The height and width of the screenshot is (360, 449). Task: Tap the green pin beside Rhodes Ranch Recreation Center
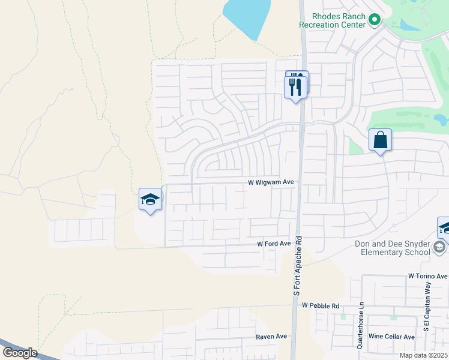pos(375,20)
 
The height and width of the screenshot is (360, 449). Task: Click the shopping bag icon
pos(380,140)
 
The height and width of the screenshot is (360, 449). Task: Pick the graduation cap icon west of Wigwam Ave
pos(150,200)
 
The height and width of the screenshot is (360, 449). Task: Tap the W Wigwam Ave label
pos(271,182)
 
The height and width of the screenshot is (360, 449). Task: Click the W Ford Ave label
pos(274,244)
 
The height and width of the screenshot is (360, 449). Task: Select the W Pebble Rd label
pos(321,306)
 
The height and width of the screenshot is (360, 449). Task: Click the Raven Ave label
pos(272,337)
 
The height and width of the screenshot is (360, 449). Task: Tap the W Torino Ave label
pos(428,276)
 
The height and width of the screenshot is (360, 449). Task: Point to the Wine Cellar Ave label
pos(391,337)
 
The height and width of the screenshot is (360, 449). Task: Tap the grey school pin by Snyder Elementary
pos(439,247)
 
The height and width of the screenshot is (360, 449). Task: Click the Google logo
pos(20,353)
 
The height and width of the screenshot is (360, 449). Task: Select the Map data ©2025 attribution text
pos(423,355)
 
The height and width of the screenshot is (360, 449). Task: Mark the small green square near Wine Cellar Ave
pos(393,317)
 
